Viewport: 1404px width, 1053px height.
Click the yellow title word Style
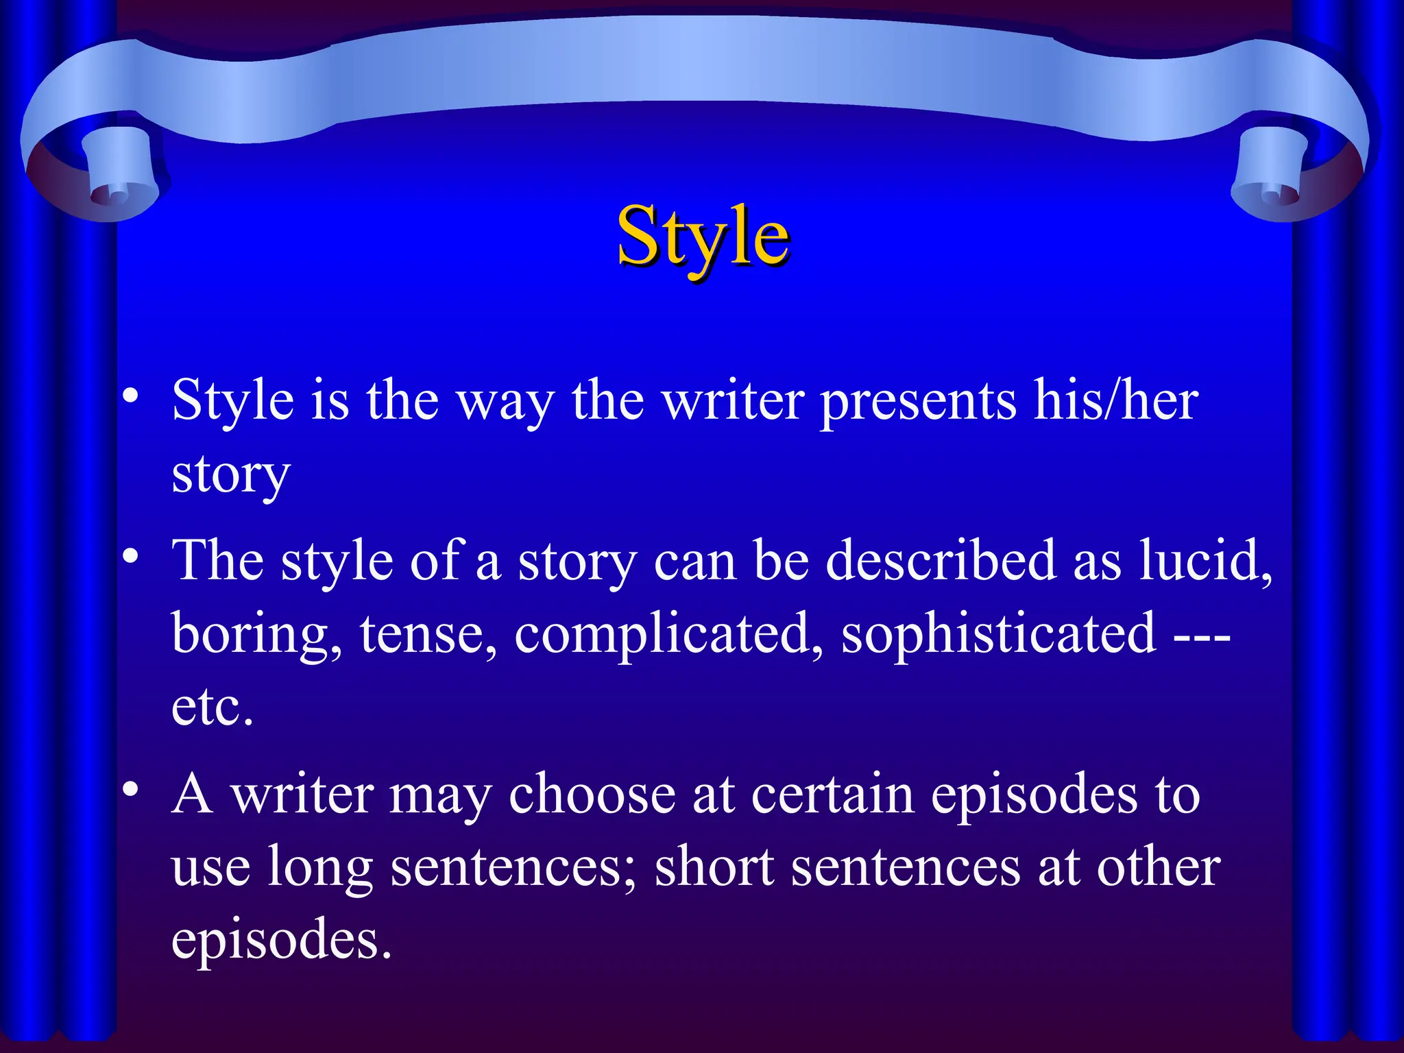click(703, 237)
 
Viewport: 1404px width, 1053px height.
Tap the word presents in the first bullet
click(919, 402)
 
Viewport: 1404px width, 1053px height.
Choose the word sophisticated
click(998, 635)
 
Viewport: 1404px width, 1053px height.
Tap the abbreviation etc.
click(213, 707)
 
